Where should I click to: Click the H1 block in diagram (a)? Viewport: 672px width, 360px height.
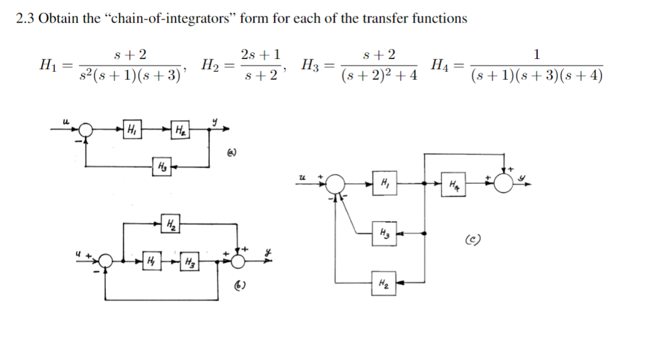point(132,129)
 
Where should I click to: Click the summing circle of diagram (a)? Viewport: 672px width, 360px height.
point(87,129)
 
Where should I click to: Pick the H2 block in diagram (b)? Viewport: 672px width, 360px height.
point(171,224)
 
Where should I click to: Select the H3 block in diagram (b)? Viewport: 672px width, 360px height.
point(189,262)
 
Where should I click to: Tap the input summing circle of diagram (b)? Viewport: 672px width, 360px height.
point(106,262)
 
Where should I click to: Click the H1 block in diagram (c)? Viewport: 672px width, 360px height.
point(384,183)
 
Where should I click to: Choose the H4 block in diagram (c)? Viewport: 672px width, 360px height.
point(456,183)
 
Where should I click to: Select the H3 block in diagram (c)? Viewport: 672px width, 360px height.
point(384,233)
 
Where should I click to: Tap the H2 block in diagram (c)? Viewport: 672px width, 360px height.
point(384,282)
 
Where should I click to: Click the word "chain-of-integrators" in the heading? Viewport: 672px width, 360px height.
point(171,18)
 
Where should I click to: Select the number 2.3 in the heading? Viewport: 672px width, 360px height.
point(25,18)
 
